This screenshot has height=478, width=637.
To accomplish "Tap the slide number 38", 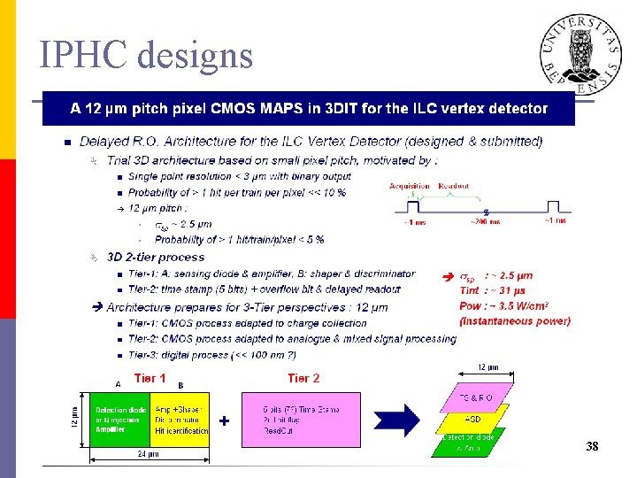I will (592, 448).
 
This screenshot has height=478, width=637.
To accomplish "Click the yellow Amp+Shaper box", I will (180, 419).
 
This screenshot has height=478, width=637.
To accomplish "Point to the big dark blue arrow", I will (403, 419).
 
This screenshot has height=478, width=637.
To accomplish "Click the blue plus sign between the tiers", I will (225, 421).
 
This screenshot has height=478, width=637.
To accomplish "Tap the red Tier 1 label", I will (150, 378).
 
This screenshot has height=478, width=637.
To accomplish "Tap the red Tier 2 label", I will (303, 378).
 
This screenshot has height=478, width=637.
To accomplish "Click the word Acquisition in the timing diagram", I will (409, 186).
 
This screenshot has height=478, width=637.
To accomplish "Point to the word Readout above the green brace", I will (455, 186).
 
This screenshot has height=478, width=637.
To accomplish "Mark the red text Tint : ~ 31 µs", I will (493, 290).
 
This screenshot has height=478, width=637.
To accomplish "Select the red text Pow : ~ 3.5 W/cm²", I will (507, 306).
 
